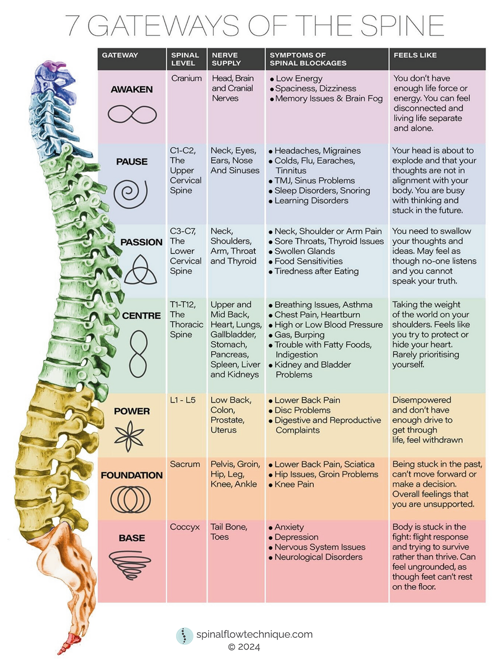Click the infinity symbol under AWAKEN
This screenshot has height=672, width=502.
132,115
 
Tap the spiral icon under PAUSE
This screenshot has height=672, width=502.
130,193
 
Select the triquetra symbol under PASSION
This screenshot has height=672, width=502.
140,270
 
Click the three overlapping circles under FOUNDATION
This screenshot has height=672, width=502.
130,500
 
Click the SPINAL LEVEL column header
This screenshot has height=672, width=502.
185,59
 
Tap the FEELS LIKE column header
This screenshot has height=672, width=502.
415,55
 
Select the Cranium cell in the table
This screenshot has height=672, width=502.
186,78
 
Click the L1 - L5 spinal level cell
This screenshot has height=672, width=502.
182,400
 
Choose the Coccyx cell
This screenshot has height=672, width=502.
185,527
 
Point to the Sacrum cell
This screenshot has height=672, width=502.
185,464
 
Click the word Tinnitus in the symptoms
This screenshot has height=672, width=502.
291,170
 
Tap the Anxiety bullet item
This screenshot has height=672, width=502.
289,527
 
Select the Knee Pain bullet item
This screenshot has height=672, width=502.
294,484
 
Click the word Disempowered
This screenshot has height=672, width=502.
422,400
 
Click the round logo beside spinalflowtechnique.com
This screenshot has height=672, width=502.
184,635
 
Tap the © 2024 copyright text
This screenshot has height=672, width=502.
244,647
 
